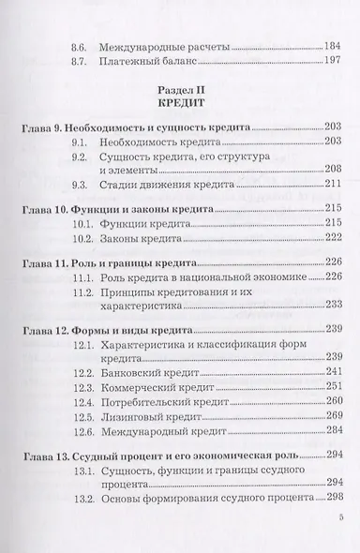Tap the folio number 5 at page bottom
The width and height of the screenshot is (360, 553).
(x=340, y=542)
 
